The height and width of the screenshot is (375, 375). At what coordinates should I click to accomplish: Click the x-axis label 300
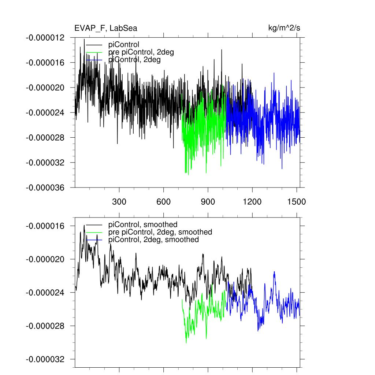click(x=119, y=201)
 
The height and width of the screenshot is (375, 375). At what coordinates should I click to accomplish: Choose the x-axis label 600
click(x=163, y=201)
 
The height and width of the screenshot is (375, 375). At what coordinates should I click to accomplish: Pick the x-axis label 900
click(x=208, y=201)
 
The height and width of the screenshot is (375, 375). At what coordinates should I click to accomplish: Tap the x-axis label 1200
click(x=252, y=201)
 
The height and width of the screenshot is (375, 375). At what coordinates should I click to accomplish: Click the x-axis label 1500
click(x=296, y=201)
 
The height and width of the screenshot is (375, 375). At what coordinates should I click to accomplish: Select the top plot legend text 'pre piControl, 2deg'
click(x=141, y=52)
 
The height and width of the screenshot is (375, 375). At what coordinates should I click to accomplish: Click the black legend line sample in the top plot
click(x=94, y=45)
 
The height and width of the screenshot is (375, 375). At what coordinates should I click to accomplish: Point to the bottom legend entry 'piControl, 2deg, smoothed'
click(x=153, y=240)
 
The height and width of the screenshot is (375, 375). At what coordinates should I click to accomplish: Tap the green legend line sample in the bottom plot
click(x=94, y=232)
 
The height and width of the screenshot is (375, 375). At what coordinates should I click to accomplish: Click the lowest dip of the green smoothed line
click(x=186, y=343)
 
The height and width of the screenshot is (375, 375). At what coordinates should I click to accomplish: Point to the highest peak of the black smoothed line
click(x=84, y=226)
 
